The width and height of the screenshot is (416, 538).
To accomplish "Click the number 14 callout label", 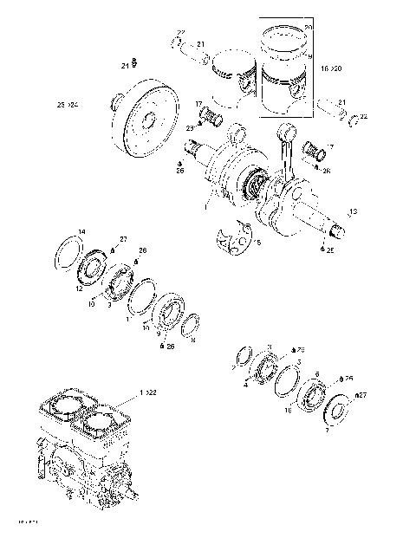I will pos(81,231).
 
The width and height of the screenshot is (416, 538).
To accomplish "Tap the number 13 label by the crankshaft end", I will pos(353,211).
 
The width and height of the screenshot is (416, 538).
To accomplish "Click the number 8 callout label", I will pos(192,340).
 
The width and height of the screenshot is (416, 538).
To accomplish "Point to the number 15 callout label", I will pos(257,243).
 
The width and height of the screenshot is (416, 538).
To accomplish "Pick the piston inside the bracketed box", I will pos(286,74).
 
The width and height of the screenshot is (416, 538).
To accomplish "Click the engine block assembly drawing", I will pos(87,455).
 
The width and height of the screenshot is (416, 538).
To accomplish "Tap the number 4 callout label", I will pos(245,386).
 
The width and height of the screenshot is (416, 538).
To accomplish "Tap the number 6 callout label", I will pos(317,374).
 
